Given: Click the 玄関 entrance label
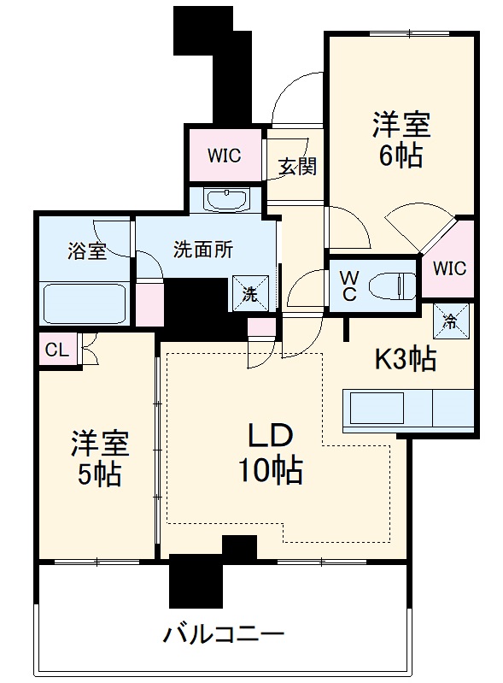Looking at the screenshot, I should tap(296, 166).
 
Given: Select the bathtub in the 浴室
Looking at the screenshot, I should tap(85, 303).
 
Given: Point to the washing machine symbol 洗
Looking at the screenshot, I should tap(250, 293).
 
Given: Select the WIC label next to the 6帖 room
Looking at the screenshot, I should tap(448, 268).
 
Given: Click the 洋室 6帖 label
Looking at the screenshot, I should tap(400, 139).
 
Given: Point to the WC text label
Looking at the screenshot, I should tap(349, 284).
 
